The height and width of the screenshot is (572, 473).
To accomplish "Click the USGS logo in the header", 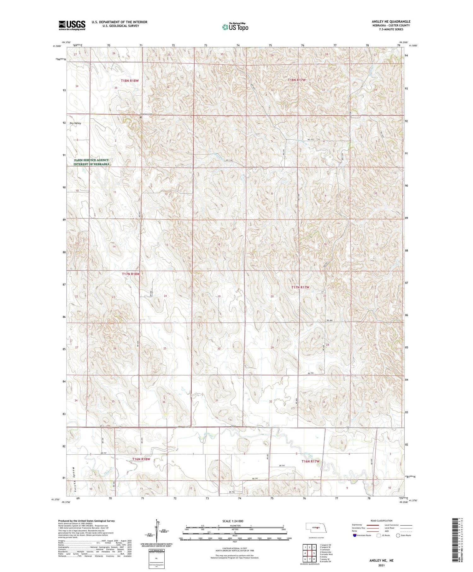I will coord(72,25).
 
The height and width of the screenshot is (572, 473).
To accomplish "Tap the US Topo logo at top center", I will coord(235,27).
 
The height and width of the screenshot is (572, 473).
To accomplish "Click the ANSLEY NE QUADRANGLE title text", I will coord(391,22).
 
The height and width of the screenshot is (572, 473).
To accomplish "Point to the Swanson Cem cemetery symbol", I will coord(141,117).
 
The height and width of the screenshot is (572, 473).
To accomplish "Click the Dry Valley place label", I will coord(75,123).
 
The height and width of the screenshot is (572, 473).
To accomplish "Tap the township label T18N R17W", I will coord(297,80).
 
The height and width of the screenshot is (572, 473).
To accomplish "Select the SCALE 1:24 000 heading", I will coord(235,521).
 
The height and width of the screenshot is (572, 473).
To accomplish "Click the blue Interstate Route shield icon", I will coord(355,535).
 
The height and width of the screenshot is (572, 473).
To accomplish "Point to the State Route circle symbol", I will coord(398,535).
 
